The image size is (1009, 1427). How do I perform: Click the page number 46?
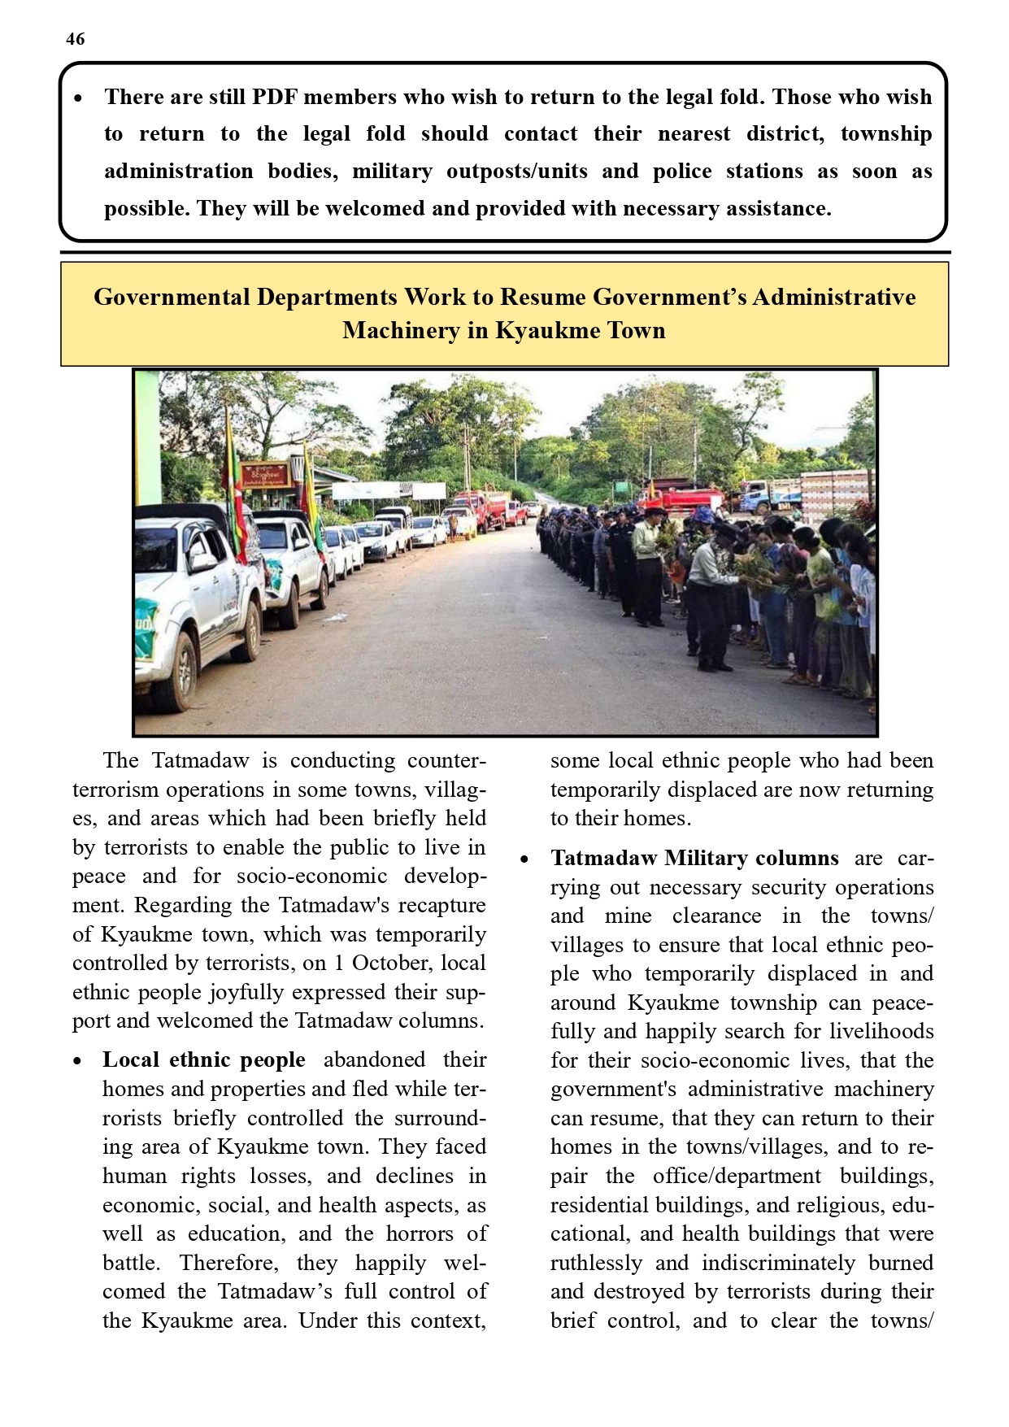[x=76, y=39]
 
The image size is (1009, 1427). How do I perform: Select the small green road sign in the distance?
[x=622, y=489]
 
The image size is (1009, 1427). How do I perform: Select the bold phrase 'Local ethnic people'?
[x=204, y=1060]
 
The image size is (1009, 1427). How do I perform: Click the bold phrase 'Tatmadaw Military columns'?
[x=694, y=859]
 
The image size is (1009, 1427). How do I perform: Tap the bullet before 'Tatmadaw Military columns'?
[x=525, y=859]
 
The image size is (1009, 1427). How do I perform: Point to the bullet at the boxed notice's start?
[x=78, y=98]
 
